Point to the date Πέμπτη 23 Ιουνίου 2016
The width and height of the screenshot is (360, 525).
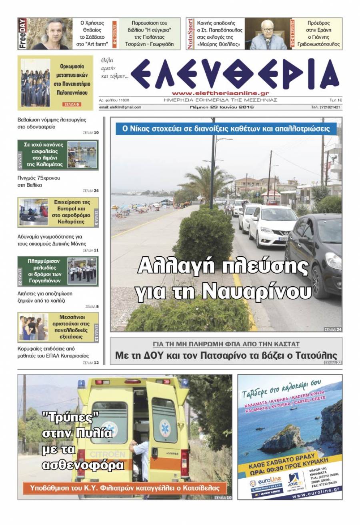[222, 107]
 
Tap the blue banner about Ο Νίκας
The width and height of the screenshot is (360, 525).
[226, 129]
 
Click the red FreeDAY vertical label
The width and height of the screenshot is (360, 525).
[23, 34]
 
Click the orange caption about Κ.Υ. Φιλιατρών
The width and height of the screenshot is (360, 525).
[124, 488]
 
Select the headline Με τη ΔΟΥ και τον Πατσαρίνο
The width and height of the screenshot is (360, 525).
[226, 355]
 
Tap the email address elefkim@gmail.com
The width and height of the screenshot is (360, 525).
[120, 107]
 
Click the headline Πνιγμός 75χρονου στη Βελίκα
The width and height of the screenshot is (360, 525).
[39, 182]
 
